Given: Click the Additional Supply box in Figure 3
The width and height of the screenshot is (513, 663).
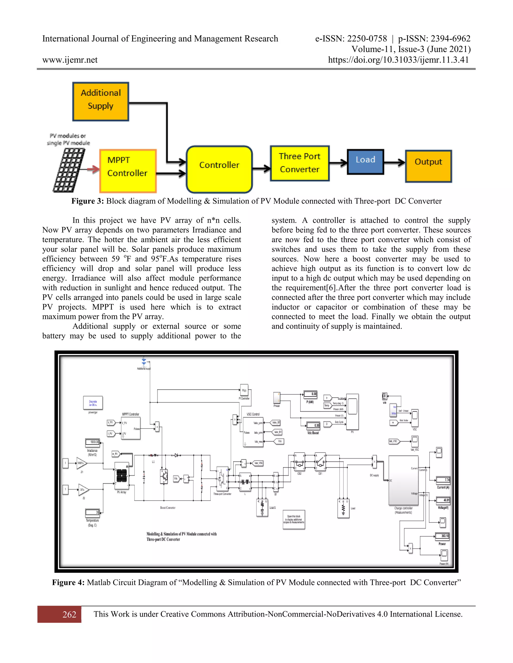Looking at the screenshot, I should tap(101, 101).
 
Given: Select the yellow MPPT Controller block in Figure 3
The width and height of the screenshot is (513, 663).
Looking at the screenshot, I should tap(128, 171).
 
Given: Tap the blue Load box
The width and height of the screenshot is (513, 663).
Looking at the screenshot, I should tap(365, 162).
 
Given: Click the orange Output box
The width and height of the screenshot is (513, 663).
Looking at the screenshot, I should tap(428, 166).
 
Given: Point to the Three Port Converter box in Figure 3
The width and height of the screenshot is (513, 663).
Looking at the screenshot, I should tap(300, 163).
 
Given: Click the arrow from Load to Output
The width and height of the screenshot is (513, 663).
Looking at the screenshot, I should tap(395, 163).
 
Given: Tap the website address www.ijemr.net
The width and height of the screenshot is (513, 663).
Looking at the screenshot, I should tap(70, 60).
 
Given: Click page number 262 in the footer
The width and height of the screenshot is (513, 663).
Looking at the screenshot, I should tap(69, 614).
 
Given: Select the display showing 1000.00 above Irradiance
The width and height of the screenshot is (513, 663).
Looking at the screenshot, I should tap(92, 442).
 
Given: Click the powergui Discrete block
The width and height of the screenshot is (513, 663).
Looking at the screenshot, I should tap(93, 403).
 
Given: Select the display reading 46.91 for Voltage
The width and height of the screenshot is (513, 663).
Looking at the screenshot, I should tap(443, 500).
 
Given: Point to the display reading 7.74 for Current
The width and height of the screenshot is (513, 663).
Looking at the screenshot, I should tap(443, 480).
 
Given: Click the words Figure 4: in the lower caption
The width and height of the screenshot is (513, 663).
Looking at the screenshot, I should tap(68, 582).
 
